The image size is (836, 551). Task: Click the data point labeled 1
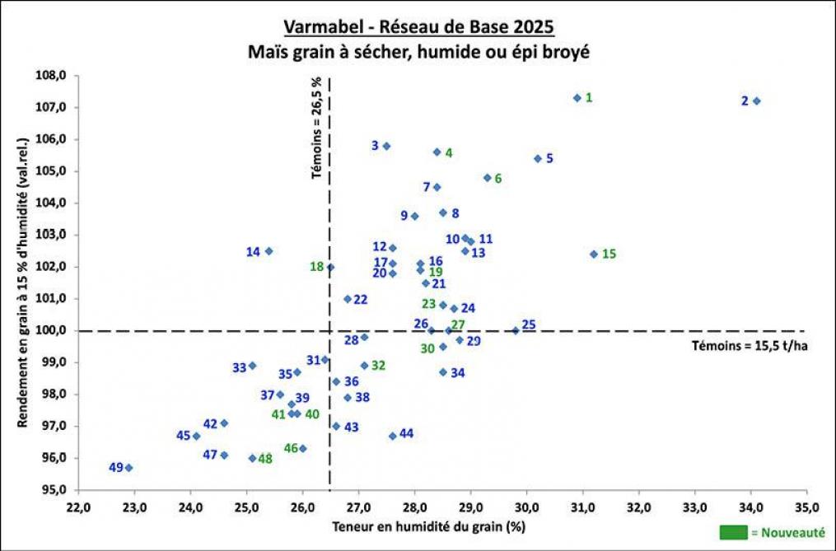[577, 98]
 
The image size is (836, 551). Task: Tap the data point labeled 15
[594, 254]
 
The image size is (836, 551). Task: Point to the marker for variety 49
[128, 468]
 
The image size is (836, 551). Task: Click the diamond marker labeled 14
[269, 251]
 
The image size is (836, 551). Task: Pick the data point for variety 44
[392, 436]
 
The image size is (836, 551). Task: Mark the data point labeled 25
[516, 330]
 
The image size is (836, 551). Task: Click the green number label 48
[265, 459]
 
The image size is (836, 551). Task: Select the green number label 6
[498, 179]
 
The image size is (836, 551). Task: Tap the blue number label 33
[240, 367]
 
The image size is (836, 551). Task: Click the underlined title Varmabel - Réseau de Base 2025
[418, 26]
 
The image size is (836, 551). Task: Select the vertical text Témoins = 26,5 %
[316, 128]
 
